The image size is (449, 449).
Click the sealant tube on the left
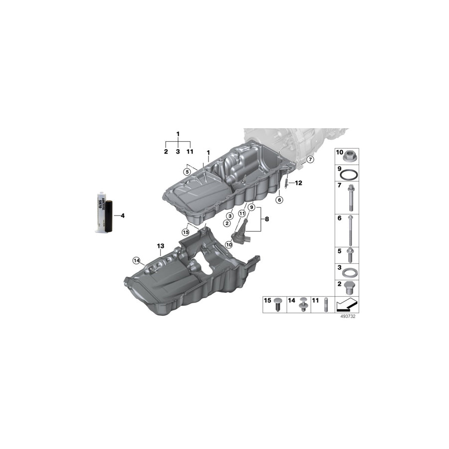(102, 212)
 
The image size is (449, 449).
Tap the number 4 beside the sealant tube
(122, 216)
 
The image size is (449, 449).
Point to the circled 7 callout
(309, 160)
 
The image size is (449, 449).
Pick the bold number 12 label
(298, 183)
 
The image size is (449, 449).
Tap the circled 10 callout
(229, 244)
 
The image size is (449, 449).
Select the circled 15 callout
(186, 231)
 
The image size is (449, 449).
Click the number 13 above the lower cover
(160, 246)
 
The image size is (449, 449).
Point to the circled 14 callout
(135, 259)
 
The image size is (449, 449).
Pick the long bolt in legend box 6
(351, 230)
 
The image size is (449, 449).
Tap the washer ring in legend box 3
(351, 272)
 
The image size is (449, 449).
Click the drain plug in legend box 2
(351, 288)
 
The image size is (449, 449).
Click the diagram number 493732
(348, 316)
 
